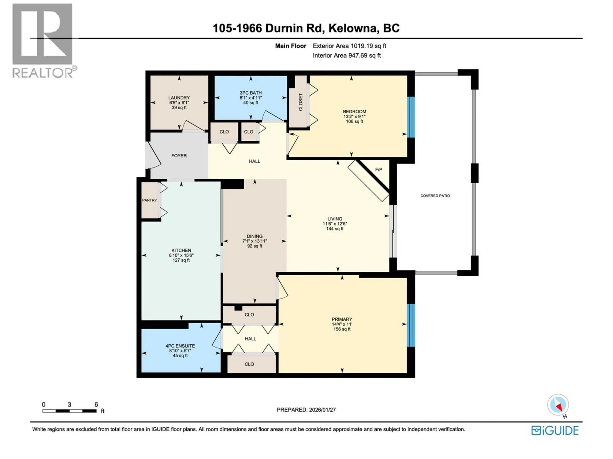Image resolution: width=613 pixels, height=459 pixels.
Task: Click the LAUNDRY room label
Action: [x=179, y=98]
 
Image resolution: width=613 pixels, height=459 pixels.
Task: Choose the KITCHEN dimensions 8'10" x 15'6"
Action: [x=181, y=255]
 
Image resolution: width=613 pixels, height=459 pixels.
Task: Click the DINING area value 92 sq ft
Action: [x=254, y=246]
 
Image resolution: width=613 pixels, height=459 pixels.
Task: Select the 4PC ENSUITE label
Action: [x=180, y=346]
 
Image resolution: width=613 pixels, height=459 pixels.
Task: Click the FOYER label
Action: [x=179, y=156]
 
